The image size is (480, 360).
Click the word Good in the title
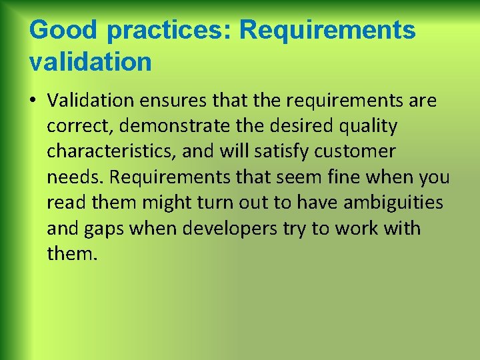click(x=63, y=30)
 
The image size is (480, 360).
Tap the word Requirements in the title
click(x=327, y=30)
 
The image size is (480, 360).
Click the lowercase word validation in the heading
click(x=91, y=62)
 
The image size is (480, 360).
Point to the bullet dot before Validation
click(x=33, y=101)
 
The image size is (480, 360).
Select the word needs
click(x=75, y=177)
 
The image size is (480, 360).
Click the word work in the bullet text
click(x=363, y=229)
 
